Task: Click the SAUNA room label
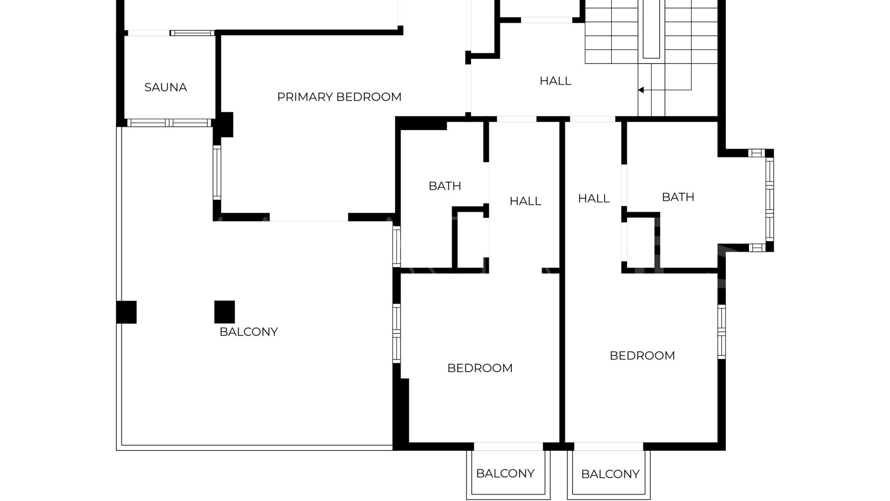click(165, 87)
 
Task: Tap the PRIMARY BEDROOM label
click(339, 97)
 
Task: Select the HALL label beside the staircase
click(555, 81)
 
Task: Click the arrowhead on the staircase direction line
click(641, 90)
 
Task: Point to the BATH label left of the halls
click(445, 186)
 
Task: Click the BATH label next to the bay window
click(678, 197)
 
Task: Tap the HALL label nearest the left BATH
click(525, 201)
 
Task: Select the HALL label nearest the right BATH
click(593, 199)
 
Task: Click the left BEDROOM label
click(480, 368)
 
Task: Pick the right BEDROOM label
click(642, 356)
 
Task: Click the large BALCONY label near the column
click(248, 332)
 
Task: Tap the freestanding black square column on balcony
click(224, 312)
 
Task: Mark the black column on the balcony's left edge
click(126, 312)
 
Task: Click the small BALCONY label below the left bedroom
click(505, 474)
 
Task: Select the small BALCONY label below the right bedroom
click(610, 474)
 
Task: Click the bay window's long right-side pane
click(769, 199)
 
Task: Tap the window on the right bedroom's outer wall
click(722, 331)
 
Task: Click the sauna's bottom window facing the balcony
click(169, 123)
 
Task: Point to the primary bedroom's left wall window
click(217, 173)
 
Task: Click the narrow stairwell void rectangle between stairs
click(651, 29)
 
